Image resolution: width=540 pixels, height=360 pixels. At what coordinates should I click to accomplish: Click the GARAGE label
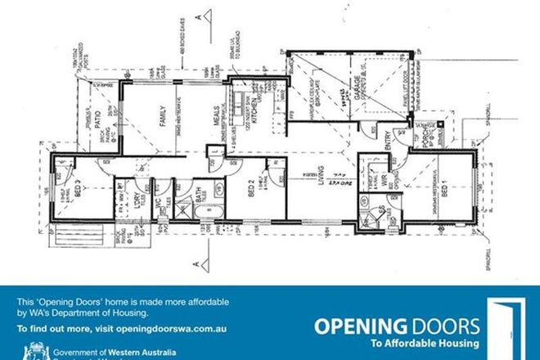point(358,101)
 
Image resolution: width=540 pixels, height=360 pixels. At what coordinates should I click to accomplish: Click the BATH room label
point(199,196)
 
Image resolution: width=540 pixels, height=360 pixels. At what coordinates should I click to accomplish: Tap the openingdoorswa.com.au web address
point(176,328)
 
